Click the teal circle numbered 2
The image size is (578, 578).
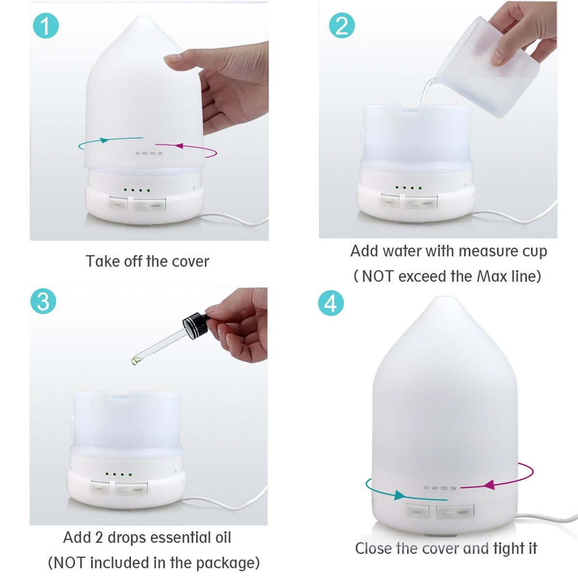(x=342, y=25)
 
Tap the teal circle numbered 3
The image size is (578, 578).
(x=43, y=302)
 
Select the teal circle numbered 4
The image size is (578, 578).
(x=331, y=303)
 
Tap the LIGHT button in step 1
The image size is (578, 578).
(x=118, y=204)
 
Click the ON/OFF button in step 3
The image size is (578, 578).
(x=131, y=489)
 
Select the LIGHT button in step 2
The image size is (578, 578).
(x=389, y=202)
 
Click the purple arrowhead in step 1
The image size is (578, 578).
(x=180, y=145)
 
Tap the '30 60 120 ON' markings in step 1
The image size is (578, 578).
(x=148, y=153)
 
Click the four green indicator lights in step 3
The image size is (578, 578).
(x=118, y=475)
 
